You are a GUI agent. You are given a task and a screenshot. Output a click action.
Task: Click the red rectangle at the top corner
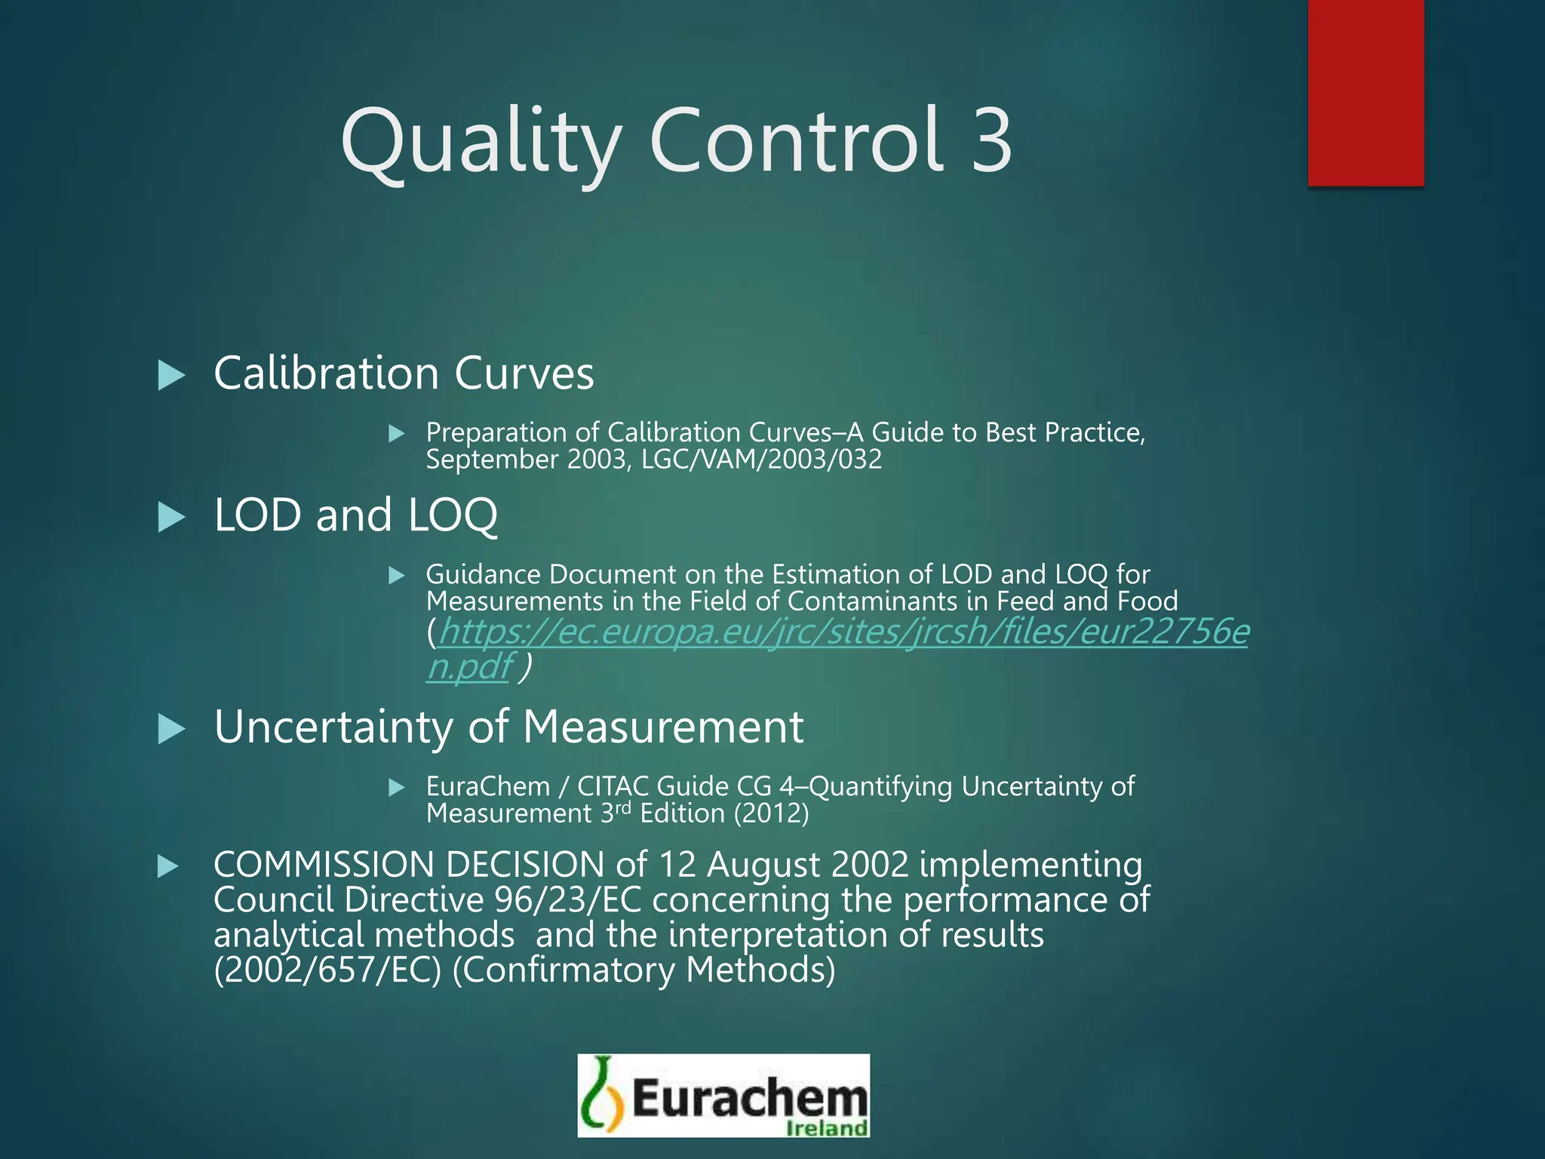1365,92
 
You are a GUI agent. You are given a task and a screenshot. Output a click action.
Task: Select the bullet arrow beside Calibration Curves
171,375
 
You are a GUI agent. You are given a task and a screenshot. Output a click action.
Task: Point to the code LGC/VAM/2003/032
761,460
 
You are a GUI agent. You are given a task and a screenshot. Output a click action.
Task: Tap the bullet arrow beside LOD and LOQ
171,518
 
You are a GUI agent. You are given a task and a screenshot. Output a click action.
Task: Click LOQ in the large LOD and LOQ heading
453,515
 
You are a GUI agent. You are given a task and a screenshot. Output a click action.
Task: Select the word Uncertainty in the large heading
333,727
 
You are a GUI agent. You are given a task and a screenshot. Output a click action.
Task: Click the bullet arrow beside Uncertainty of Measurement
171,730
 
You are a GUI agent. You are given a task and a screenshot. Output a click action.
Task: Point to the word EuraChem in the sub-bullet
488,786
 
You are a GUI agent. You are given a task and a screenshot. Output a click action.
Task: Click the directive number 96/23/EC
568,900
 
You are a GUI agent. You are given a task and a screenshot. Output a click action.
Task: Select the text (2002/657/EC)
327,970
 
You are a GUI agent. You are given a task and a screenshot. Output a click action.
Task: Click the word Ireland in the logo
827,1128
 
